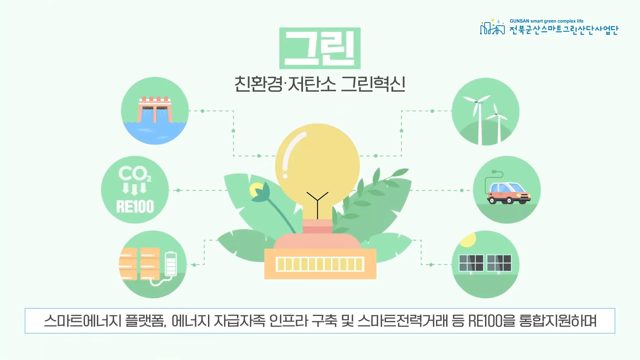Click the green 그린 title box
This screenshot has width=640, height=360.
(320, 48)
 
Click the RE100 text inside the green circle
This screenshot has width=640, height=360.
(135, 206)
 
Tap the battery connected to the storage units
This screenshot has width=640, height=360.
(171, 263)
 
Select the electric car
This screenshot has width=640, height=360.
(509, 193)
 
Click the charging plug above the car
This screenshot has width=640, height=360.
(495, 172)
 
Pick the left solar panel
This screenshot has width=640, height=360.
(471, 263)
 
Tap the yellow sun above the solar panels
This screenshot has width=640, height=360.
(468, 240)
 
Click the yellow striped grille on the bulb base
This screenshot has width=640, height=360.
(320, 264)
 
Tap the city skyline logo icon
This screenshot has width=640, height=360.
(492, 27)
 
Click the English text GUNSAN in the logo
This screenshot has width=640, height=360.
(519, 21)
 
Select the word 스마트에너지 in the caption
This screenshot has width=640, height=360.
(82, 321)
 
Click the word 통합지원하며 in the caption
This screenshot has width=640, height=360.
(558, 321)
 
